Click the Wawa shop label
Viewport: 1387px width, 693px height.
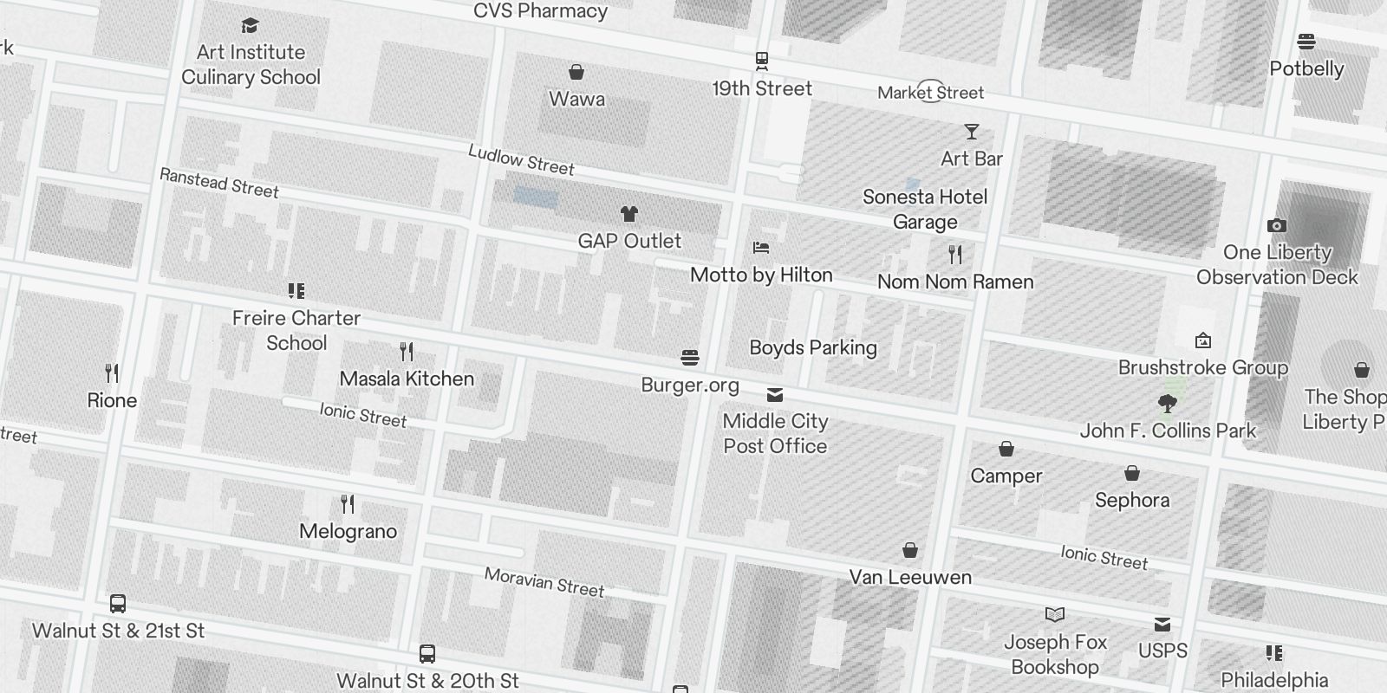point(576,99)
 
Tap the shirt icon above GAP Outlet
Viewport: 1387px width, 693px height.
point(629,214)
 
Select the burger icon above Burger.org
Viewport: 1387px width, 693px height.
point(690,358)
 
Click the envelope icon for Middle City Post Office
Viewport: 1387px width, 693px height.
point(775,395)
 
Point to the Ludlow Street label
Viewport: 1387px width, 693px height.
point(521,160)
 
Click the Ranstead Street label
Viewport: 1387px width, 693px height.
point(219,184)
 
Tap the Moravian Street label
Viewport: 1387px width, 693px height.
point(544,582)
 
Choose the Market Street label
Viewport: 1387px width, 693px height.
point(930,93)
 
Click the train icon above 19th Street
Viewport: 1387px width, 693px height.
point(762,61)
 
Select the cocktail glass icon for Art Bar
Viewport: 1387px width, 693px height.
point(972,132)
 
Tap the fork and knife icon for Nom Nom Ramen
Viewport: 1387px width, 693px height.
point(955,255)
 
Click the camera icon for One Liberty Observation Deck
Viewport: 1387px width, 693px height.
point(1276,226)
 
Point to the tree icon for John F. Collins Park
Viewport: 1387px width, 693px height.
point(1168,403)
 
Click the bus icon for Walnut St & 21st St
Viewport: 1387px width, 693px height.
point(118,604)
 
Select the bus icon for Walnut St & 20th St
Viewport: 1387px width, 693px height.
point(427,654)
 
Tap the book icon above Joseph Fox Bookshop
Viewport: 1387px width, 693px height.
point(1055,615)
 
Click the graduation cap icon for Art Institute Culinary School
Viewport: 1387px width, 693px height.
point(251,26)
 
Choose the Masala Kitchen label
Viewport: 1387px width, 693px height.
point(407,379)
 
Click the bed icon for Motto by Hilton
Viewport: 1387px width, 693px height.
point(761,249)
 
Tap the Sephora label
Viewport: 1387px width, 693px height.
point(1132,500)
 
